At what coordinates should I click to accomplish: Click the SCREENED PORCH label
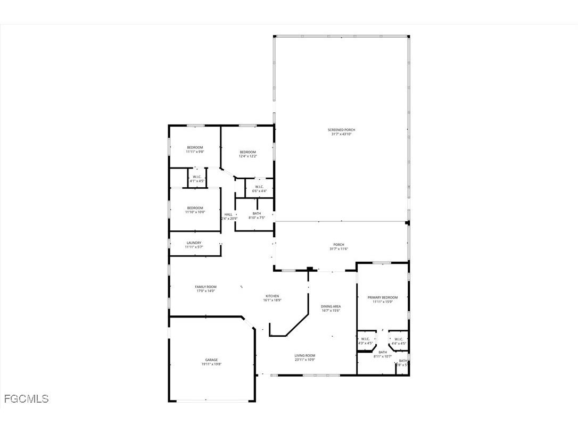(341, 130)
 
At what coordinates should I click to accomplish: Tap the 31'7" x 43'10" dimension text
(341, 134)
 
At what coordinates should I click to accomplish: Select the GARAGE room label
(211, 360)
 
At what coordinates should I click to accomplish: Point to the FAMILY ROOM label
(205, 287)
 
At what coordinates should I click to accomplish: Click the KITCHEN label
(272, 296)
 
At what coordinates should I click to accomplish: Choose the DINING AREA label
(331, 306)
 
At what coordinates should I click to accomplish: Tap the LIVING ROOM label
(305, 356)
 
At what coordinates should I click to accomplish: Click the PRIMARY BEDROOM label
(383, 298)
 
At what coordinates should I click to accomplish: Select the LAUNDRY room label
(194, 243)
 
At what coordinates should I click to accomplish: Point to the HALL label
(228, 214)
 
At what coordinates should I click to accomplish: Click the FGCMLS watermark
(26, 398)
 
